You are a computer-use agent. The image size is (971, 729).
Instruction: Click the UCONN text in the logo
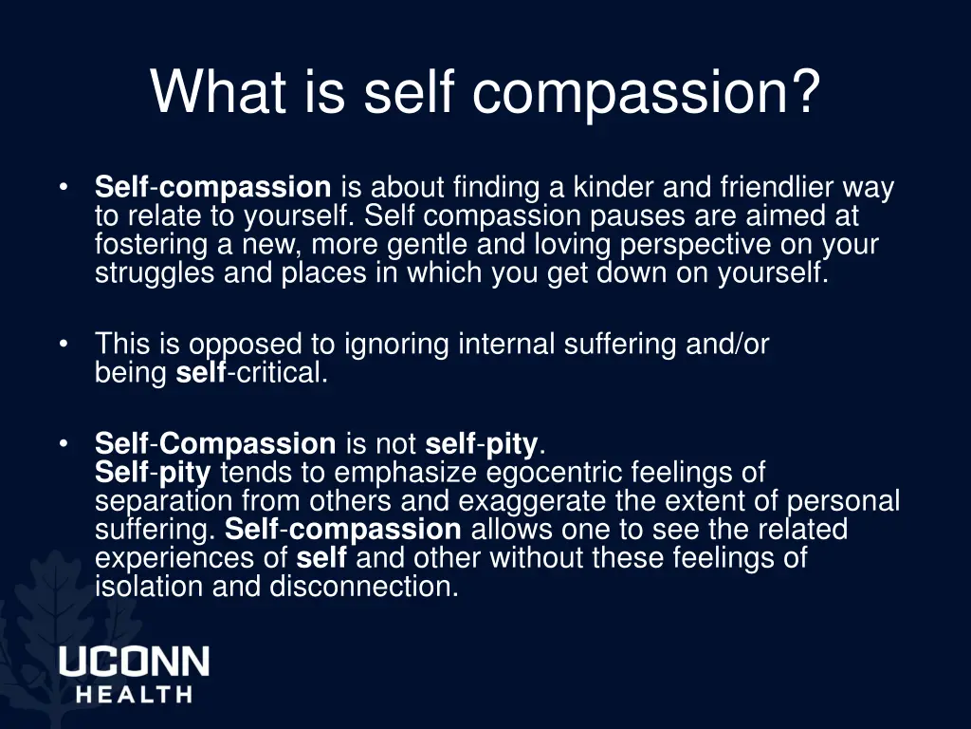click(134, 662)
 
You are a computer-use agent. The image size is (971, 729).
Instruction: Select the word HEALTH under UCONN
click(134, 695)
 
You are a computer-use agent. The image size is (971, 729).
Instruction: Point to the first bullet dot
click(63, 187)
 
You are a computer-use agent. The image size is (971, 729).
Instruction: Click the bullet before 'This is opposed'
click(63, 344)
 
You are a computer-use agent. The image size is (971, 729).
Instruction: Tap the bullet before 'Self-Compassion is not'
click(63, 442)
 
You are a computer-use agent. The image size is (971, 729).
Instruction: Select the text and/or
click(727, 345)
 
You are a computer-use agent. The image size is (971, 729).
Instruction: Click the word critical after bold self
click(281, 373)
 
